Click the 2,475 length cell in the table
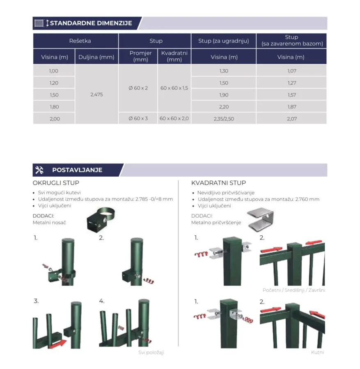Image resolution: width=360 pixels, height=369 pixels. pyautogui.click(x=96, y=95)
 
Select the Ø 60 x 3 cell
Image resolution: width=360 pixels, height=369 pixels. pyautogui.click(x=138, y=118)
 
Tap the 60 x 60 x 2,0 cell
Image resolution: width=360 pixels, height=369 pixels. pyautogui.click(x=174, y=118)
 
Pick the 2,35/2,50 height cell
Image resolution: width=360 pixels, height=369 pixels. pyautogui.click(x=224, y=118)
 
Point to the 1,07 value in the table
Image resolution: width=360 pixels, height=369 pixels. pyautogui.click(x=292, y=71)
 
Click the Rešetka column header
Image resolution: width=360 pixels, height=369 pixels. pyautogui.click(x=80, y=41)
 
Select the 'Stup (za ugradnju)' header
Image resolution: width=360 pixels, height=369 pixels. pyautogui.click(x=224, y=41)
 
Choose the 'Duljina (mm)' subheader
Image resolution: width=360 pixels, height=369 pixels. pyautogui.click(x=96, y=57)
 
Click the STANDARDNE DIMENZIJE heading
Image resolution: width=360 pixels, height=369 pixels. pyautogui.click(x=91, y=23)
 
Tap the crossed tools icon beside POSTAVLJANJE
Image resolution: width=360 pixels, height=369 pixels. pyautogui.click(x=39, y=170)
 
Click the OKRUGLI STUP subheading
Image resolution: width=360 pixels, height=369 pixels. pyautogui.click(x=56, y=183)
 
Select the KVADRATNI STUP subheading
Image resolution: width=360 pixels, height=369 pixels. pyautogui.click(x=219, y=183)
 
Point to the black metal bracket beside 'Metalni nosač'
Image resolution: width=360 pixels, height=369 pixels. pyautogui.click(x=101, y=220)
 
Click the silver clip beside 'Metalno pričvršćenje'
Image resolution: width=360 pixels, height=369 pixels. pyautogui.click(x=261, y=220)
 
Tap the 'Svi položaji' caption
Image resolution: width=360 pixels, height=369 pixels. pyautogui.click(x=151, y=352)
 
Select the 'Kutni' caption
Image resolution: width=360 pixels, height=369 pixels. pyautogui.click(x=317, y=352)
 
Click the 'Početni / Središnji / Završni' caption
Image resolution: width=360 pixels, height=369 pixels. pyautogui.click(x=294, y=290)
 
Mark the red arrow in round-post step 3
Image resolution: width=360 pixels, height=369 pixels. pyautogui.click(x=58, y=343)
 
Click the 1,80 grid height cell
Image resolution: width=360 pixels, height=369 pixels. pyautogui.click(x=54, y=107)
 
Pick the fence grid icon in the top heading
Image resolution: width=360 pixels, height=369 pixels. pyautogui.click(x=39, y=23)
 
